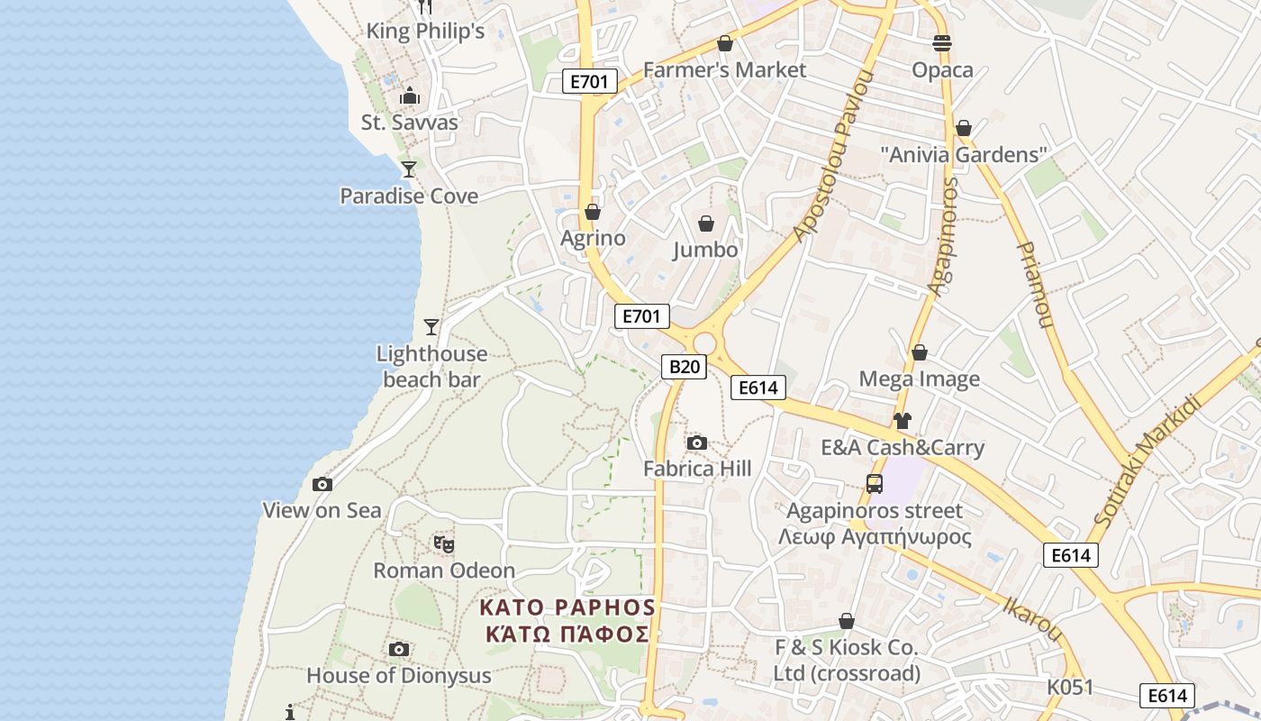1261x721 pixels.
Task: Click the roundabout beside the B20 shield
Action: pyautogui.click(x=704, y=343)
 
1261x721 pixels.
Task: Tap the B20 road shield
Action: pyautogui.click(x=684, y=367)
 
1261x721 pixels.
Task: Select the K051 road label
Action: pyautogui.click(x=1069, y=688)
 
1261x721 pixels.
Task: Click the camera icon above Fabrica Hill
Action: pyautogui.click(x=696, y=443)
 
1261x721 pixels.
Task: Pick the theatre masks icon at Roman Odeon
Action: pyautogui.click(x=443, y=544)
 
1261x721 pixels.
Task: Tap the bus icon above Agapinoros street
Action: pyautogui.click(x=874, y=484)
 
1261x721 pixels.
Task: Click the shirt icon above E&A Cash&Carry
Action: pyautogui.click(x=902, y=421)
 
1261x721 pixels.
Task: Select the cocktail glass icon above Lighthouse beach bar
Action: pyautogui.click(x=431, y=326)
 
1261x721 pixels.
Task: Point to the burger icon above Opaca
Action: pyautogui.click(x=942, y=43)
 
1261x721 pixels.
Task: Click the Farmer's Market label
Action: pyautogui.click(x=724, y=70)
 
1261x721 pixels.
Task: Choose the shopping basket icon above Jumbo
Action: pyautogui.click(x=706, y=223)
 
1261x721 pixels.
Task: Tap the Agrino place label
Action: pyautogui.click(x=593, y=239)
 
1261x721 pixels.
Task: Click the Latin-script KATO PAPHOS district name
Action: pyautogui.click(x=567, y=607)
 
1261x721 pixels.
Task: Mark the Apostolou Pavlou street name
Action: pyautogui.click(x=835, y=156)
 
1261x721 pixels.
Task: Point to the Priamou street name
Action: pyautogui.click(x=1035, y=284)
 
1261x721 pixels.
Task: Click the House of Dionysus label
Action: pyautogui.click(x=399, y=676)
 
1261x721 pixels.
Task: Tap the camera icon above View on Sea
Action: pyautogui.click(x=322, y=485)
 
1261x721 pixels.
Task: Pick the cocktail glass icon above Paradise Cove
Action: pyautogui.click(x=409, y=169)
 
